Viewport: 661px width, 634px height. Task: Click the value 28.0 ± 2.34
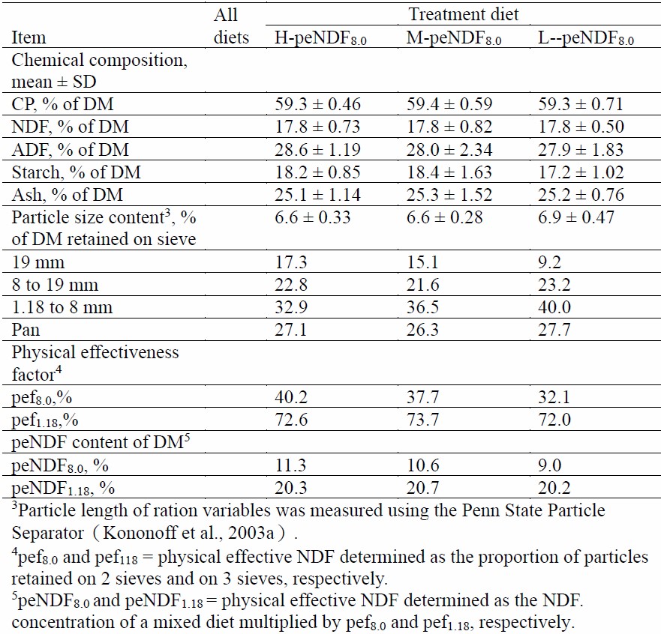(449, 150)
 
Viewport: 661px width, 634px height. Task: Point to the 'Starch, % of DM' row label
(77, 172)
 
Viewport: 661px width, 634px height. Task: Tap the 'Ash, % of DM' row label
(65, 195)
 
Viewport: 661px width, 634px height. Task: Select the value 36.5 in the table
(419, 309)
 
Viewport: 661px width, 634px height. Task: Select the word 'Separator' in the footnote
(47, 535)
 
